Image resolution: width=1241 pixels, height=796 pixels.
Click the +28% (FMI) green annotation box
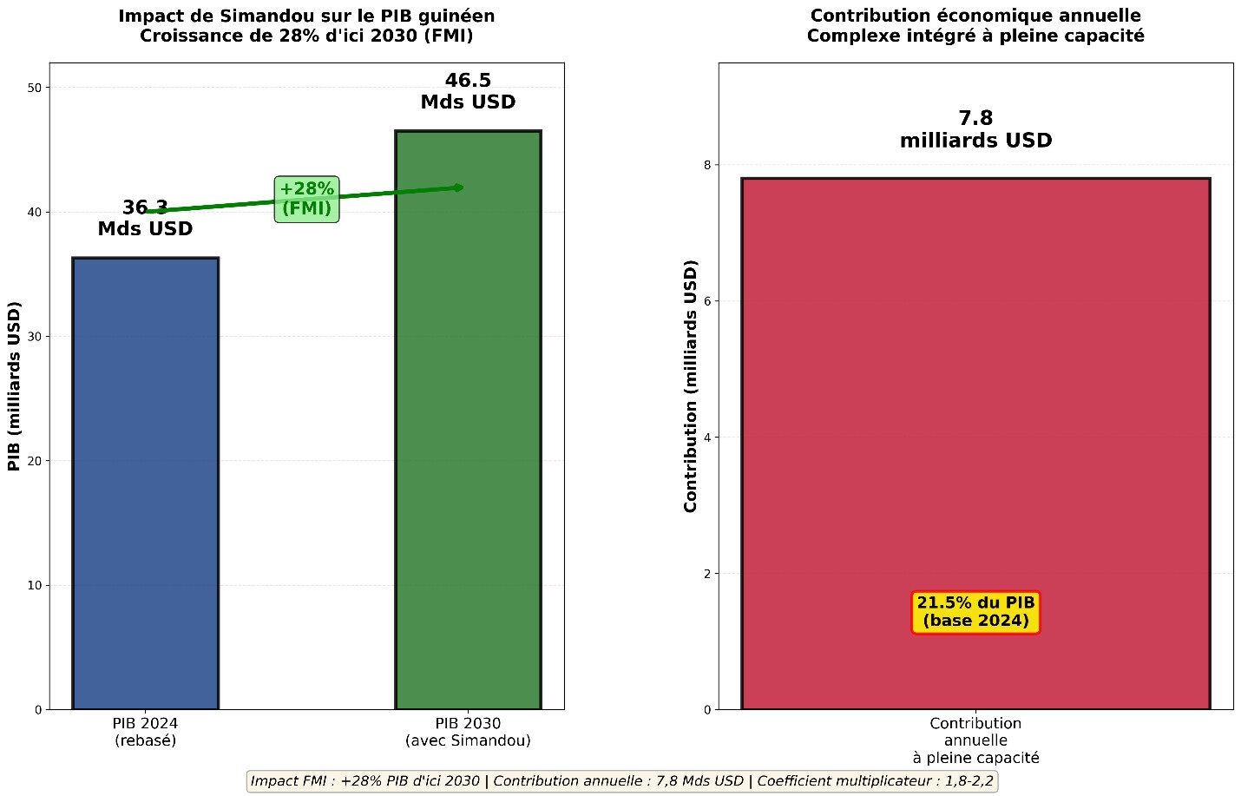tap(306, 199)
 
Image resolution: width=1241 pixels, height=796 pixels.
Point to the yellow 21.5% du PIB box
tap(975, 612)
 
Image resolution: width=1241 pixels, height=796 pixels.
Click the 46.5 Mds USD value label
tap(468, 91)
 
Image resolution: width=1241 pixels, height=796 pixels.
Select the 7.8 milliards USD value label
tap(975, 129)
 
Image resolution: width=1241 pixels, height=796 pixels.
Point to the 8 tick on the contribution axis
tap(706, 165)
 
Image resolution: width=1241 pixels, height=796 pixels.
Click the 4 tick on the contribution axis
tap(706, 437)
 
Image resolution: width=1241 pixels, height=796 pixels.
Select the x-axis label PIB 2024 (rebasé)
tap(145, 732)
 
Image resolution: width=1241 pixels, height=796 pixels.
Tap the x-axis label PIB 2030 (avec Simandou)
tap(468, 732)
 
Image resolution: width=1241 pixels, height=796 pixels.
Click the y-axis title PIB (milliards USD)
tap(14, 386)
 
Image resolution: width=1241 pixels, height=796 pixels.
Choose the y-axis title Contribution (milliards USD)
tap(691, 386)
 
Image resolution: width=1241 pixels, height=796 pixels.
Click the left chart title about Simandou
tap(306, 26)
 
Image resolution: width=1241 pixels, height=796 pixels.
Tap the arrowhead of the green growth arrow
tap(459, 187)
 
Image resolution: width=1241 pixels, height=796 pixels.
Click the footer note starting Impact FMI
tap(621, 781)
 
